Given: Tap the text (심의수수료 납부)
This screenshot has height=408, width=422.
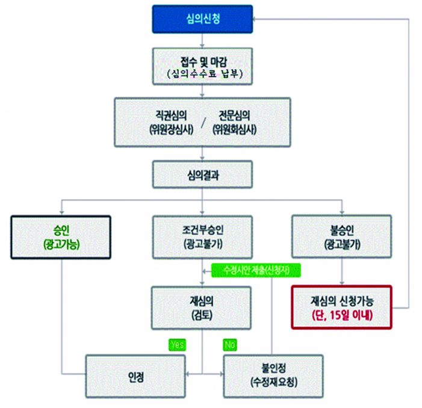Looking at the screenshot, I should click(x=203, y=75).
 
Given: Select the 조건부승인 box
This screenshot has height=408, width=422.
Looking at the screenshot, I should click(x=203, y=236).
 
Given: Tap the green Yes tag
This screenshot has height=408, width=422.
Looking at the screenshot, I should click(x=178, y=345).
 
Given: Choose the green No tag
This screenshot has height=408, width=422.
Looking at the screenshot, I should click(x=229, y=345).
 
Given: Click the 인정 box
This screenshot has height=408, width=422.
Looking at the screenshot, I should click(x=135, y=375).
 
